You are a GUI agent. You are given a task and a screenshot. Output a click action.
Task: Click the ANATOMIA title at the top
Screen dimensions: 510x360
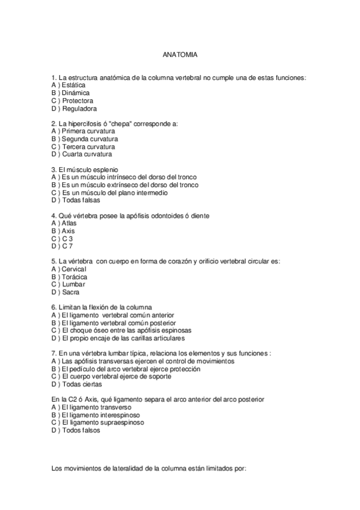[x=180, y=54]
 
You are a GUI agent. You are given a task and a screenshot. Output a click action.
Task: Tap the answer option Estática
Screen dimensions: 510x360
[x=73, y=85]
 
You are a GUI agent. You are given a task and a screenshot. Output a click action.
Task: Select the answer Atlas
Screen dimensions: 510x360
[x=69, y=223]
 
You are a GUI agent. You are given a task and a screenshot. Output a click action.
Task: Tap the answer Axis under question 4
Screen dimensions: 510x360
[x=68, y=231]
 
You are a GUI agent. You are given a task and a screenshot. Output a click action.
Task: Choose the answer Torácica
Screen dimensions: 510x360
[x=75, y=277]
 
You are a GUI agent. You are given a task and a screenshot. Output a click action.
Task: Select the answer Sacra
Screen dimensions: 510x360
[x=71, y=292]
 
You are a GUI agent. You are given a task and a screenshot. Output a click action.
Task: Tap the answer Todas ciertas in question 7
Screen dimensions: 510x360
[x=82, y=384]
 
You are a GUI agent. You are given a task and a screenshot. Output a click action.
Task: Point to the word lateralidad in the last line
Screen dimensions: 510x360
[x=120, y=467]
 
